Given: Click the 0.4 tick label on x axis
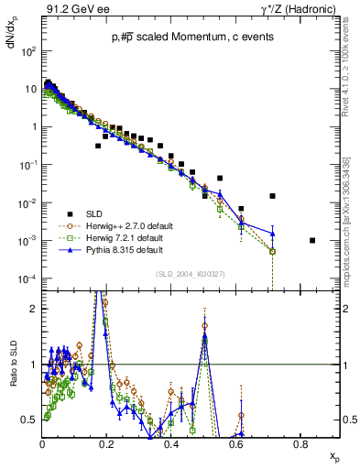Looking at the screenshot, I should (x=171, y=443).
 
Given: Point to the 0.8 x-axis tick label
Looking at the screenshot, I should (x=300, y=443).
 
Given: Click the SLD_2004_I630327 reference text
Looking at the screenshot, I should (x=187, y=273).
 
